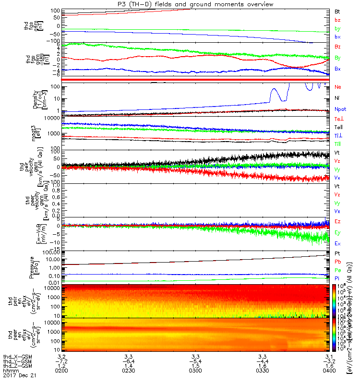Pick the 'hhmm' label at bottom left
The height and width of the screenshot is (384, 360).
click(9, 370)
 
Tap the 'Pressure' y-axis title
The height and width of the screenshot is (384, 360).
click(31, 267)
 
